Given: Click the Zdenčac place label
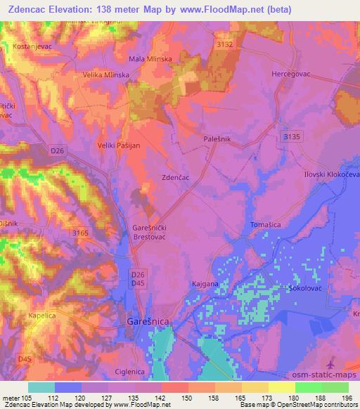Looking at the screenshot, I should tap(176, 179).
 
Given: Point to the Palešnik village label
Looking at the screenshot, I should tap(217, 140).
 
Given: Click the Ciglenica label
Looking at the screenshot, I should tap(131, 370).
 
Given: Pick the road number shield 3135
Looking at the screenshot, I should tap(292, 135).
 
